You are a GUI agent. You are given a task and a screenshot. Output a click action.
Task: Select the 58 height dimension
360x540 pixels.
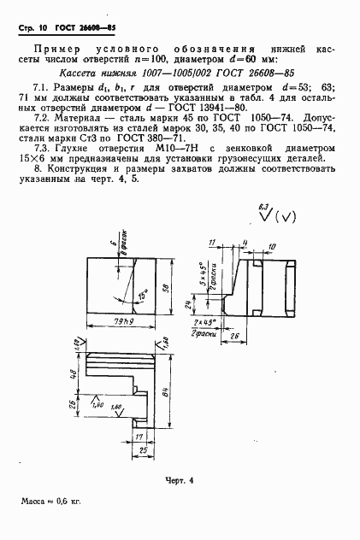pyautogui.click(x=164, y=290)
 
